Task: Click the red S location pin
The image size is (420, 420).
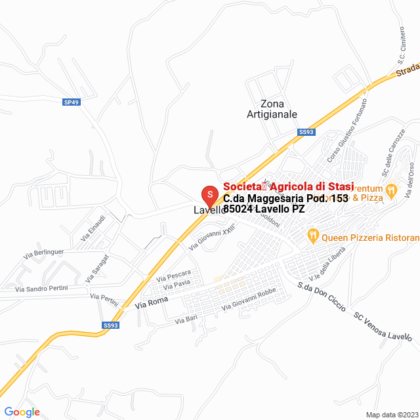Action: (209, 194)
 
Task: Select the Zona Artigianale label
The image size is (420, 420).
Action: (272, 109)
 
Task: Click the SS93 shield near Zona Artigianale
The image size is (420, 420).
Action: (306, 132)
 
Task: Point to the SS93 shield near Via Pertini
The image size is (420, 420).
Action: (111, 325)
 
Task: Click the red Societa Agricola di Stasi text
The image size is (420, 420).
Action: (289, 186)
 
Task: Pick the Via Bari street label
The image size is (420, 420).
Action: (186, 320)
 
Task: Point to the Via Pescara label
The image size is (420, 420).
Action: (173, 274)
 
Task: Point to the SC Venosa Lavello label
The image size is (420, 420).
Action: (383, 325)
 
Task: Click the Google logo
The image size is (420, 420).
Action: (22, 412)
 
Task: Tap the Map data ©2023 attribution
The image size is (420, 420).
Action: (390, 414)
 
